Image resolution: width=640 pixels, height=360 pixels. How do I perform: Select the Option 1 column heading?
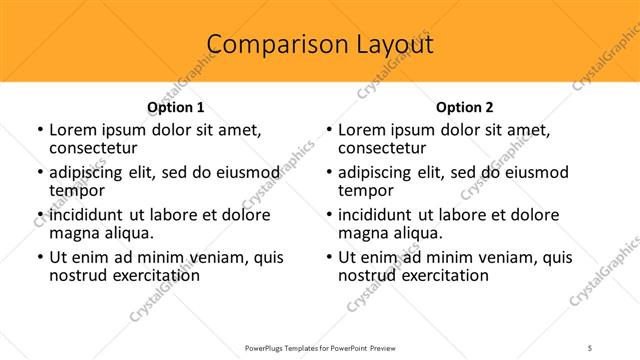(x=176, y=107)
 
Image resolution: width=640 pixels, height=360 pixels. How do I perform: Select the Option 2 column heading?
(x=465, y=107)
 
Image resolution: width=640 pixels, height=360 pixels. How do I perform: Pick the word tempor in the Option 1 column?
(x=77, y=190)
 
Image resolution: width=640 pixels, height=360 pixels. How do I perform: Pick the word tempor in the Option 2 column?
(x=366, y=190)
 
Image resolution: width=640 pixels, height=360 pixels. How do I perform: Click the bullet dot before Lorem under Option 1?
(x=39, y=131)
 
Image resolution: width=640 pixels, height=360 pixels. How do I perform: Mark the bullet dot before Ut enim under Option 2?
(x=328, y=258)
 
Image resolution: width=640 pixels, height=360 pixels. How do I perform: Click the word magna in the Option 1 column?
(x=74, y=233)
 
